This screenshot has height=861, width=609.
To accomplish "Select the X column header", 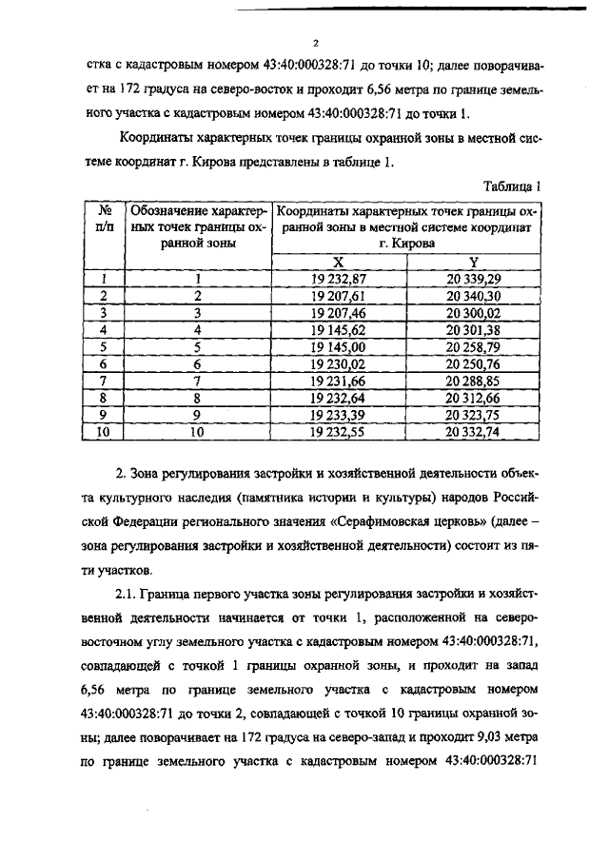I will (x=338, y=262).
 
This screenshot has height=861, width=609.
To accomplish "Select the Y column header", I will (x=473, y=262).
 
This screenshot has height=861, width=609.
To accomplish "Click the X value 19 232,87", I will (x=339, y=279).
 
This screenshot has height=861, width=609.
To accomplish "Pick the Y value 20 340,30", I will (x=474, y=295).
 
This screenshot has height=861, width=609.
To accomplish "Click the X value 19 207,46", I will (x=339, y=311).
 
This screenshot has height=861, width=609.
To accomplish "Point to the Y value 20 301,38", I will (x=474, y=328).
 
